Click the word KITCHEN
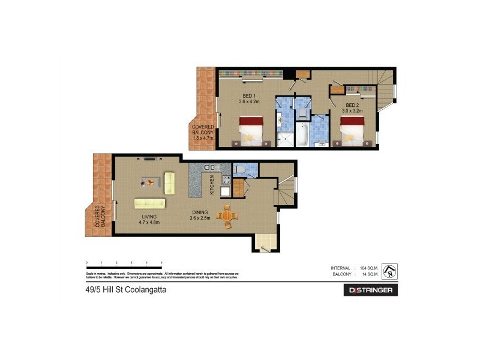tap(212, 185)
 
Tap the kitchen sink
tap(209, 167)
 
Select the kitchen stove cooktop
tap(227, 179)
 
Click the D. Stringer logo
tap(370, 290)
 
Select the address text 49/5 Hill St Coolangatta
tap(126, 290)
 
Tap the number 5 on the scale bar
tap(161, 263)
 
